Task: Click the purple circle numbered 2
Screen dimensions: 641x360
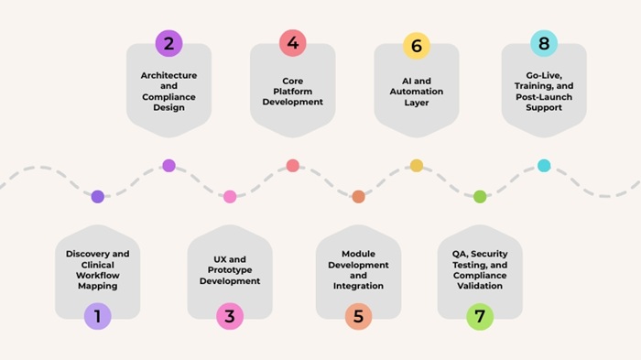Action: [168, 43]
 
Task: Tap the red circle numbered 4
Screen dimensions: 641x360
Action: [293, 43]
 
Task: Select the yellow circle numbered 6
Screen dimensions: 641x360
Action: [417, 46]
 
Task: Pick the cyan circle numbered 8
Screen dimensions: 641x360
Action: [544, 43]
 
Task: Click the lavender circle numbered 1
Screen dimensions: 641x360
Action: [98, 316]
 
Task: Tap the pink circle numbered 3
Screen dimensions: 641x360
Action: [230, 316]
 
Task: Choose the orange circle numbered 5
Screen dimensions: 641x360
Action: [359, 316]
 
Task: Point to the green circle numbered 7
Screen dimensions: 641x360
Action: [480, 316]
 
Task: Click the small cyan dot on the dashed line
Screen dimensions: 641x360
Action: [544, 166]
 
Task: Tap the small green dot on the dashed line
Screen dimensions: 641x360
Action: [480, 197]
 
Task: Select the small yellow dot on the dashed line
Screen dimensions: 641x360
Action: [417, 166]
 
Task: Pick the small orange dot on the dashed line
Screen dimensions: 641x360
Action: [359, 197]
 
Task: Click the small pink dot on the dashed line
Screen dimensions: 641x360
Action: [230, 197]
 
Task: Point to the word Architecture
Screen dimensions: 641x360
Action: [168, 75]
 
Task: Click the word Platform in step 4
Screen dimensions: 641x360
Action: [293, 92]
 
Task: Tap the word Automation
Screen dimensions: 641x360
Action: [417, 92]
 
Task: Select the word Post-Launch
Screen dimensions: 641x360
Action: [544, 97]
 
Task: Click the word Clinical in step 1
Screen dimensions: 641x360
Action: [98, 265]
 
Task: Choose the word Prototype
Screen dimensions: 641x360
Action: [230, 270]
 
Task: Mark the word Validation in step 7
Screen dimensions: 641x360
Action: [480, 286]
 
